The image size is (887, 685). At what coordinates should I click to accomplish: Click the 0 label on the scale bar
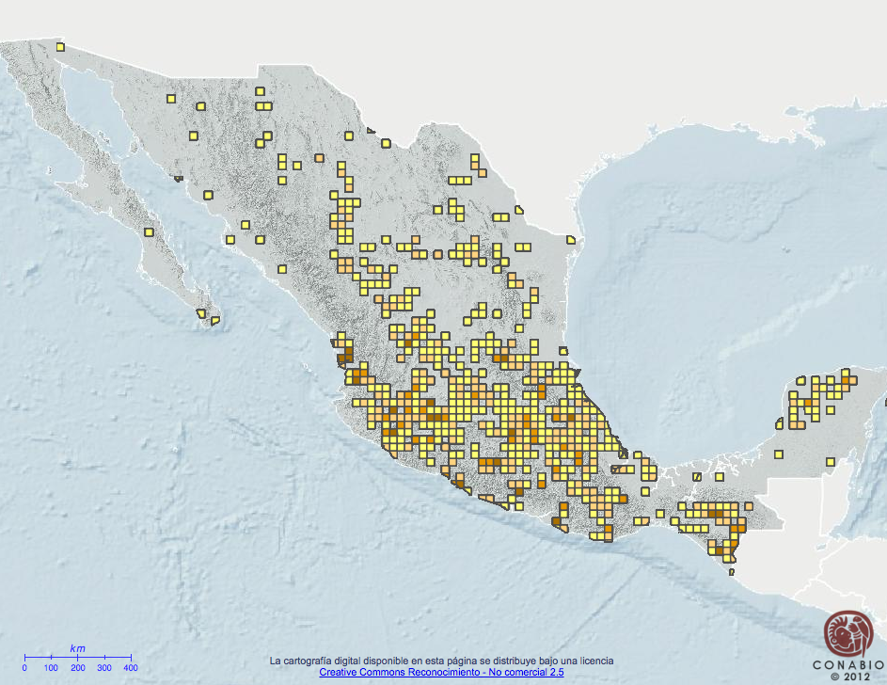(x=24, y=667)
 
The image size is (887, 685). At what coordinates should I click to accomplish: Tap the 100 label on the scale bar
(x=51, y=667)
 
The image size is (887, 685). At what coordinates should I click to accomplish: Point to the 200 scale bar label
(x=77, y=667)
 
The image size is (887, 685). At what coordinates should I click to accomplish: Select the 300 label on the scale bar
(x=103, y=667)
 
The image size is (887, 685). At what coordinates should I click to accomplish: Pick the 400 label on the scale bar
(x=131, y=667)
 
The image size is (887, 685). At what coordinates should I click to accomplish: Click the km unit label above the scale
(x=77, y=648)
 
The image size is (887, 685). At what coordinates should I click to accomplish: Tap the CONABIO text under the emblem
(x=844, y=664)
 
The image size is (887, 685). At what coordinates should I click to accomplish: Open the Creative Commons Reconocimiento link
(x=441, y=672)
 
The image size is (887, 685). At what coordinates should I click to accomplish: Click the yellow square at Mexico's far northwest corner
(x=60, y=47)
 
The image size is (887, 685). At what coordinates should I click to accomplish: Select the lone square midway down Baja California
(x=149, y=231)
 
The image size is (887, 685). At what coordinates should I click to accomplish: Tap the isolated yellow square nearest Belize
(x=831, y=461)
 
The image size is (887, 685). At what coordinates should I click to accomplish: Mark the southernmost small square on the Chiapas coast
(x=731, y=570)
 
